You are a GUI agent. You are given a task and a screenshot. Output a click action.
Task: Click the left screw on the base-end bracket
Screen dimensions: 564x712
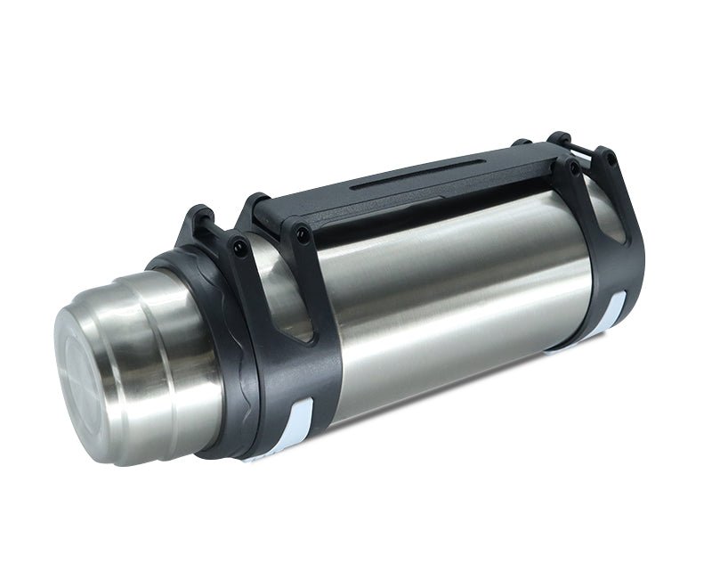[575, 166]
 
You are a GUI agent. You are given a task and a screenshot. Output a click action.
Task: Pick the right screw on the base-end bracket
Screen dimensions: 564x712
[611, 158]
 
